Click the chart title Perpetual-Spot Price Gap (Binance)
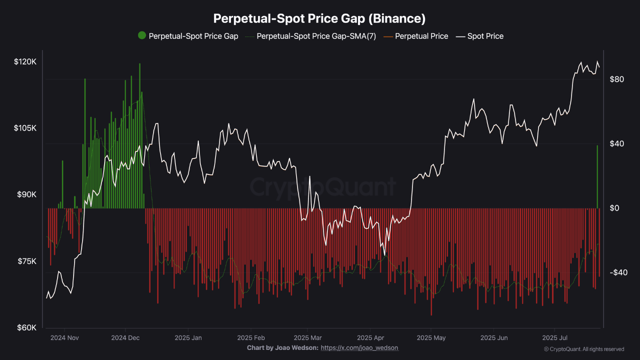click(x=319, y=18)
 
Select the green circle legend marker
click(x=142, y=35)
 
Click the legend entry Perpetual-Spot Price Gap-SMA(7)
click(x=316, y=36)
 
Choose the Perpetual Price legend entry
click(x=421, y=36)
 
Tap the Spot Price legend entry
click(x=485, y=36)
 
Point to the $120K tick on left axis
click(x=25, y=62)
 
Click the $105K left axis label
click(x=25, y=128)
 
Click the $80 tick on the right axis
click(x=616, y=79)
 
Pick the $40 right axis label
click(x=616, y=144)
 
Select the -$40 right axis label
click(x=617, y=272)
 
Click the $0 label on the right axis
click(x=614, y=208)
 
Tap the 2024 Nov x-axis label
click(x=65, y=337)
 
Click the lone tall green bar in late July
click(x=597, y=176)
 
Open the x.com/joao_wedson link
click(x=359, y=347)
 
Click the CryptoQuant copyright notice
click(x=583, y=349)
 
